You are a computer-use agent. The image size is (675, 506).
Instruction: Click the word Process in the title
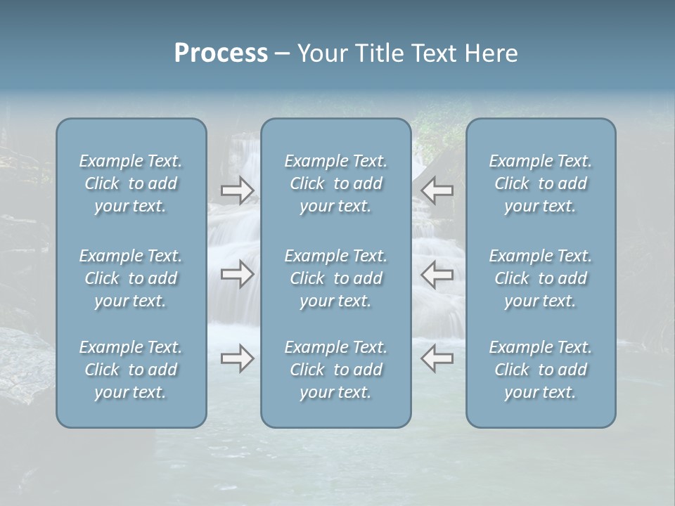coord(221,53)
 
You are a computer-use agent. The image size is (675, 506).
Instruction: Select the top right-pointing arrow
coord(238,190)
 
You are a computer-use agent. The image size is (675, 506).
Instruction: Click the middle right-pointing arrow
coord(238,274)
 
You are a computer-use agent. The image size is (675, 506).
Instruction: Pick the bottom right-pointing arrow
coord(238,358)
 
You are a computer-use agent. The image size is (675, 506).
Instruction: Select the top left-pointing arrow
coord(437,190)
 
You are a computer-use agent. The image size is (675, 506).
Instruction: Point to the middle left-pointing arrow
coord(437,274)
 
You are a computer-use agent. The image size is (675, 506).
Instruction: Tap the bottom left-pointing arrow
coord(437,358)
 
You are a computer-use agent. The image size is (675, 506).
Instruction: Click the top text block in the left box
coord(131,183)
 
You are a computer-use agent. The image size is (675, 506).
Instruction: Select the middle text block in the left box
coord(131,278)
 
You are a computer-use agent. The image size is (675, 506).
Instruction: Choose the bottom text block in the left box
coord(131,370)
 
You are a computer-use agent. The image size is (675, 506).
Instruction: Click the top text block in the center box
coord(336,183)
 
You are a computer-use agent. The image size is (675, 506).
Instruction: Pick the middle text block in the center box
coord(336,278)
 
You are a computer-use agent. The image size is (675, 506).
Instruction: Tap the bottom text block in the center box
coord(336,370)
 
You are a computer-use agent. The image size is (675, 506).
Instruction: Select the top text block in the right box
coord(541,183)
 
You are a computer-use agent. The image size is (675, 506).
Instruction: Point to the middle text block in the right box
coord(541,278)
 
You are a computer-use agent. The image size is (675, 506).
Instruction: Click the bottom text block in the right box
coord(541,370)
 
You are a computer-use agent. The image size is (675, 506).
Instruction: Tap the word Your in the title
coord(321,53)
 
